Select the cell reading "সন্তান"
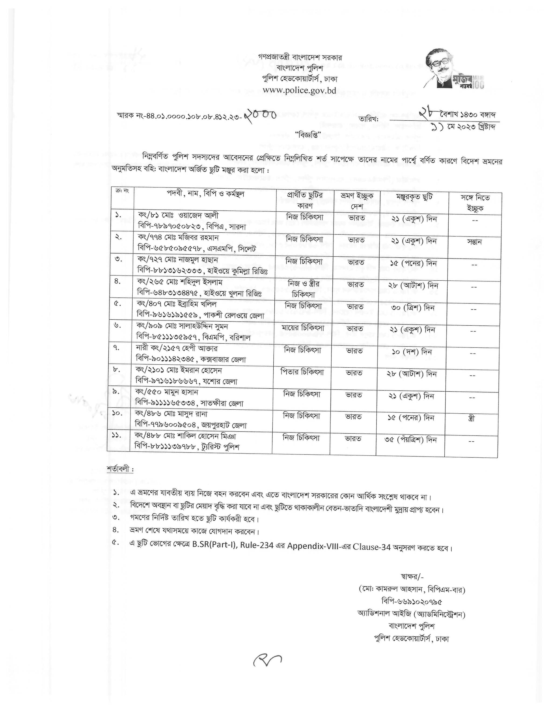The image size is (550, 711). coord(474,242)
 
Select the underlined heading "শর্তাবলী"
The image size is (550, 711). coord(120,470)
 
